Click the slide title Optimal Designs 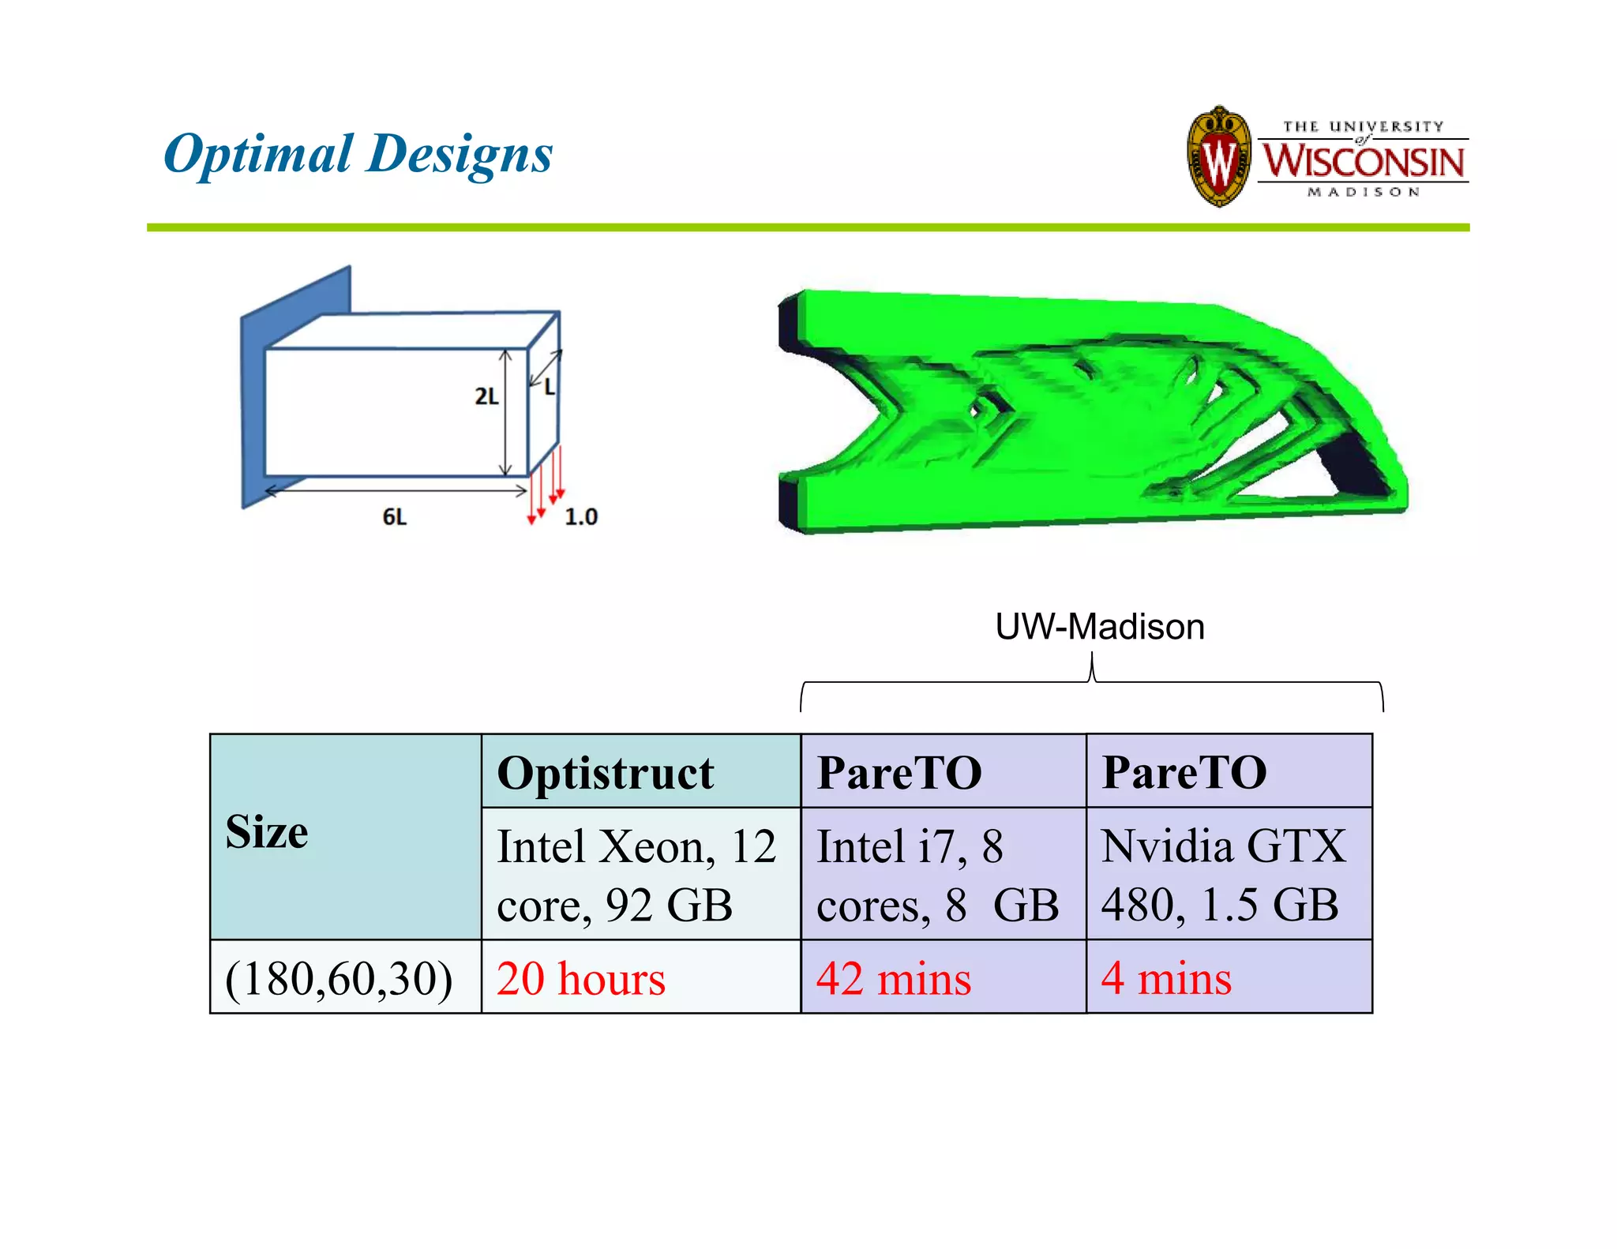click(358, 153)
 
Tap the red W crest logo click(1219, 158)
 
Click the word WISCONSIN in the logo click(1364, 161)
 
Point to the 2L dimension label click(486, 396)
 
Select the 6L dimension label click(395, 517)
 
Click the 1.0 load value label click(581, 517)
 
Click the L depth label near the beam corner click(550, 388)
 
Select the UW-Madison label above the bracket click(1099, 627)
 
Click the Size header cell click(267, 833)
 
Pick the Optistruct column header click(606, 773)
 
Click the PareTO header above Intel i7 click(899, 773)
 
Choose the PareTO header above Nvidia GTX click(1184, 773)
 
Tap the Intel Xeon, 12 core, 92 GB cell click(636, 875)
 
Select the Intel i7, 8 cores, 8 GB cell click(937, 875)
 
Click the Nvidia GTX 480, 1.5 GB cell click(1223, 875)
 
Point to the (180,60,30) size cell click(340, 979)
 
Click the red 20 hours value click(581, 979)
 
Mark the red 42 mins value click(893, 979)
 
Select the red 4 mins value click(1166, 979)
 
